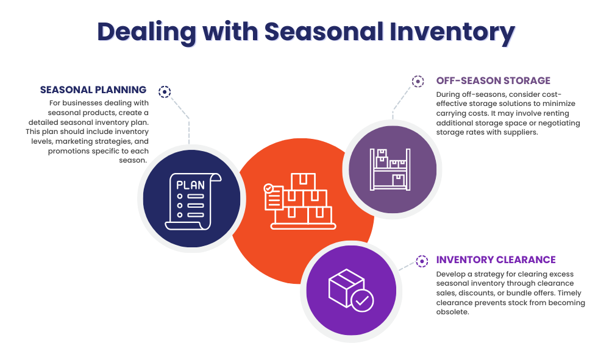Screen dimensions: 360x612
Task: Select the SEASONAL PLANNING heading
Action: (93, 90)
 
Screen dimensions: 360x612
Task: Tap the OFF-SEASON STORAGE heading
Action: (493, 80)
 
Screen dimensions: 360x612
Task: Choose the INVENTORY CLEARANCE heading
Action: (496, 260)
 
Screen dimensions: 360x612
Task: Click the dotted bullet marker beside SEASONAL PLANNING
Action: (165, 92)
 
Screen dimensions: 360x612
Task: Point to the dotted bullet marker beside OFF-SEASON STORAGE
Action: (418, 81)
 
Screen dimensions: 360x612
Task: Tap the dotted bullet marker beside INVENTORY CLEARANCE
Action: (422, 261)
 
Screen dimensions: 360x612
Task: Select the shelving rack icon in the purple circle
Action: (390, 169)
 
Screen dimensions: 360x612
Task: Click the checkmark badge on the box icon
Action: (363, 300)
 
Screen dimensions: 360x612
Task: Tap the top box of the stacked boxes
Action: (303, 181)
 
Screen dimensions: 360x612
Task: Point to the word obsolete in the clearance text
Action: (452, 312)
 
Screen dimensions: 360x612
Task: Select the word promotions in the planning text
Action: (69, 151)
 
